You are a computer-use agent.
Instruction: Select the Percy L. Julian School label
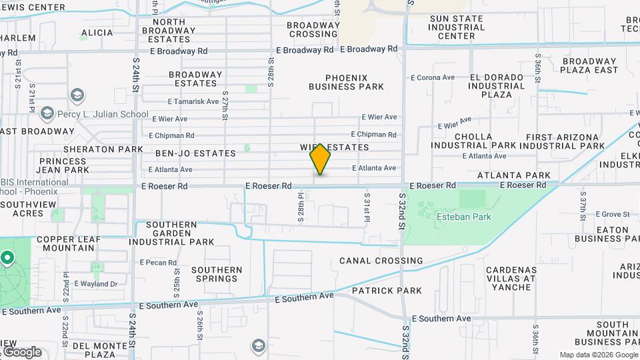103,114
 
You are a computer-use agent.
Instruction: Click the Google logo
22,351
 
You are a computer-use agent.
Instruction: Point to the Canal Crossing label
381,261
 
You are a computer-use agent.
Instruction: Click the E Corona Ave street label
433,78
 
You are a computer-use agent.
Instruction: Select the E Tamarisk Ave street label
193,102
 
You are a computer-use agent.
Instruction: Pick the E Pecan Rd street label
158,263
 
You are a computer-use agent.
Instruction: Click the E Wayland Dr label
95,283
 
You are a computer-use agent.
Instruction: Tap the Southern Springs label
217,274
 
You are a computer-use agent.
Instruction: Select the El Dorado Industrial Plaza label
501,86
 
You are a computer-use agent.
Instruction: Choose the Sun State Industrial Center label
457,27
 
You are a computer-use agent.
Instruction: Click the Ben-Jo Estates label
195,153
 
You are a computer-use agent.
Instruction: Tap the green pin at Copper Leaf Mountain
7,257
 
